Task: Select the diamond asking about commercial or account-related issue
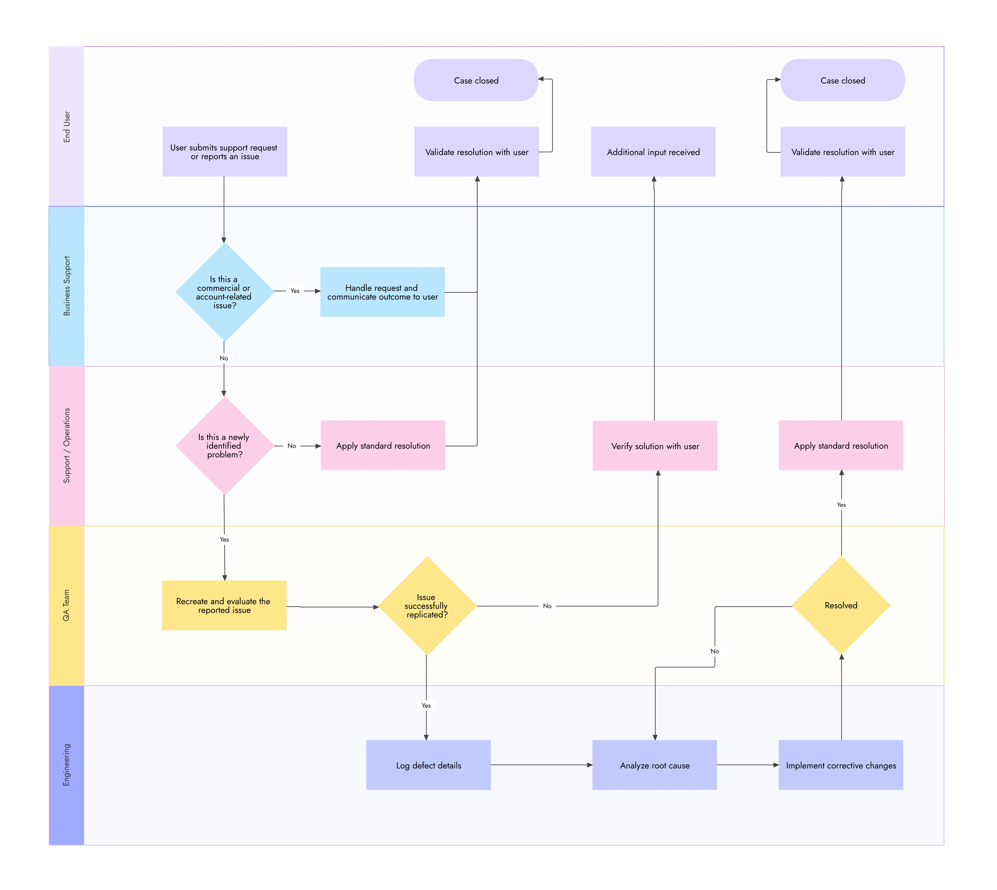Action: click(x=224, y=292)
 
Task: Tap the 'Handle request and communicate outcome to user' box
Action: click(x=382, y=292)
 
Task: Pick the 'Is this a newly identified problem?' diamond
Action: click(x=224, y=445)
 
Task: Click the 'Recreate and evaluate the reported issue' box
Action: click(x=224, y=605)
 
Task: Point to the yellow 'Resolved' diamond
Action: click(x=841, y=605)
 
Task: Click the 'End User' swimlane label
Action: click(x=67, y=127)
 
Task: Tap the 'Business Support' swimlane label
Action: click(x=67, y=286)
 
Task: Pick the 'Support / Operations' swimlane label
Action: click(x=67, y=445)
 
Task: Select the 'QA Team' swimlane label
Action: click(x=67, y=605)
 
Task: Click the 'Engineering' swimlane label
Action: click(x=67, y=765)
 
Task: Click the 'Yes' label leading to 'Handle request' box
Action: click(x=295, y=291)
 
